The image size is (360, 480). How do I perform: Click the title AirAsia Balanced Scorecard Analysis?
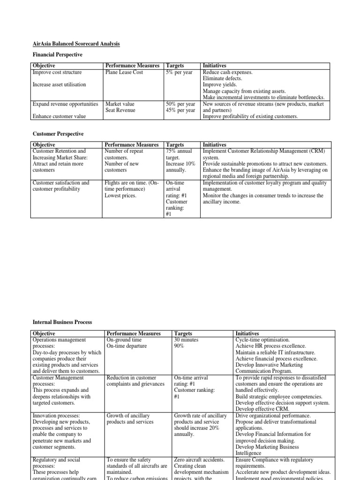coord(76,44)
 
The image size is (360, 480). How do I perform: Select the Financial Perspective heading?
coord(57,55)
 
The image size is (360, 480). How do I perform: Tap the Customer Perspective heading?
coord(58,134)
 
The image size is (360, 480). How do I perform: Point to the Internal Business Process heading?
coord(62,322)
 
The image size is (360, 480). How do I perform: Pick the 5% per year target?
coord(179,73)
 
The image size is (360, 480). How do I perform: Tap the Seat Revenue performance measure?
coord(120,110)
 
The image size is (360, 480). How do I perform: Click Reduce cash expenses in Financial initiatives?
coord(227,73)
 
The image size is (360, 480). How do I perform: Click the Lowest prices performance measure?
coord(120,195)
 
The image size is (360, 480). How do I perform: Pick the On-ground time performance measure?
coord(124,340)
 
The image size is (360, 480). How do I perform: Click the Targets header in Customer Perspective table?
coord(175,145)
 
